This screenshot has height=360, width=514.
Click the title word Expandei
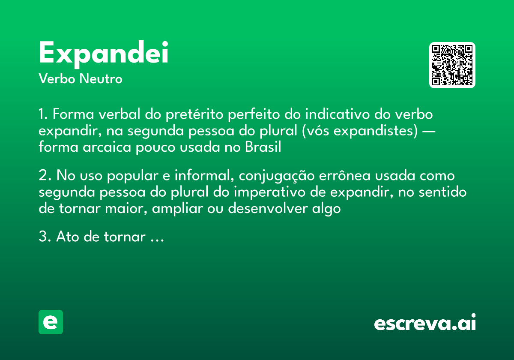point(104,54)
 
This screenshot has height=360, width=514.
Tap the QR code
point(452,65)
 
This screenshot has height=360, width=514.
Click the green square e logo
point(51,322)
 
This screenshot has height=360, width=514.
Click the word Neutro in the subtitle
point(101,79)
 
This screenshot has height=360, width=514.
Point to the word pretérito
point(194,114)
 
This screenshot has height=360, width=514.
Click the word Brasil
point(263,147)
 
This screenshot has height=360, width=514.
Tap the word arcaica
point(107,147)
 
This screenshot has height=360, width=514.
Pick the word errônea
point(345,176)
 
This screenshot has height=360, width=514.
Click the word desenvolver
point(268,208)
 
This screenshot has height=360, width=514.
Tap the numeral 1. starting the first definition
point(43,114)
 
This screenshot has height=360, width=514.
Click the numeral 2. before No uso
point(45,175)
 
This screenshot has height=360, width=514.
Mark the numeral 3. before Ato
point(45,237)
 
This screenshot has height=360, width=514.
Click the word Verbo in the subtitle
point(57,79)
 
